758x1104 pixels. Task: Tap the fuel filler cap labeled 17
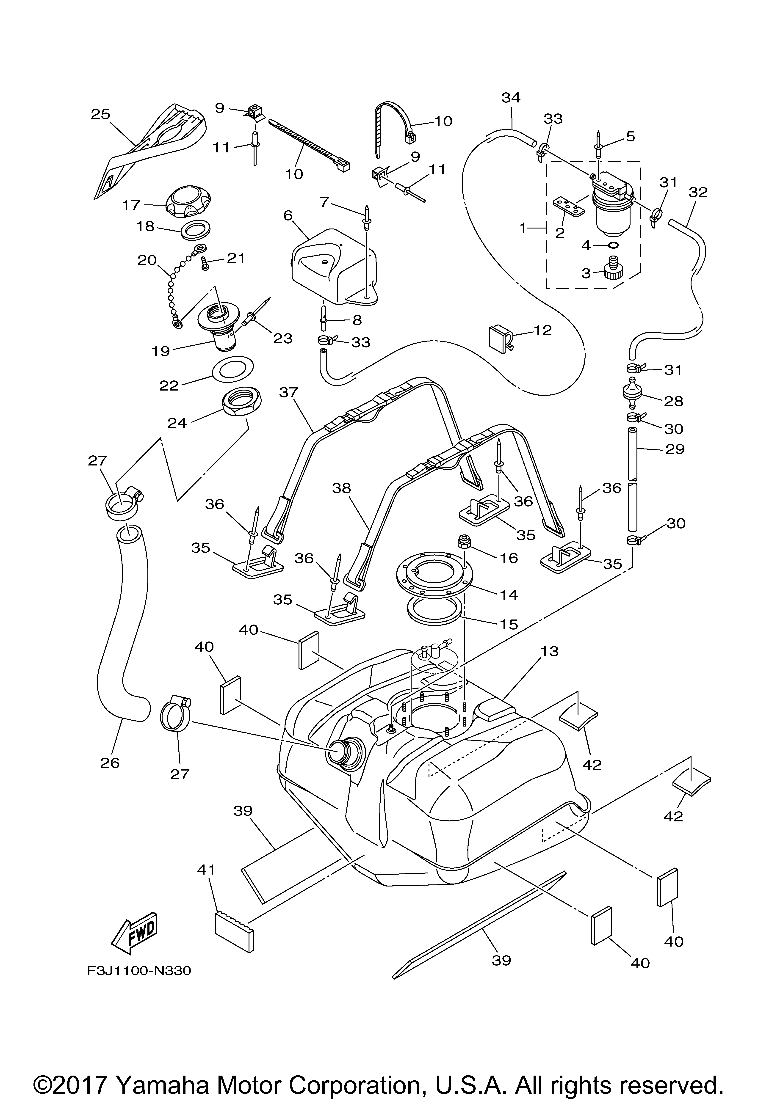tap(189, 201)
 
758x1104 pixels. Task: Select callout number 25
tap(100, 115)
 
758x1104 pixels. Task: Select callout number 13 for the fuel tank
tap(549, 651)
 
